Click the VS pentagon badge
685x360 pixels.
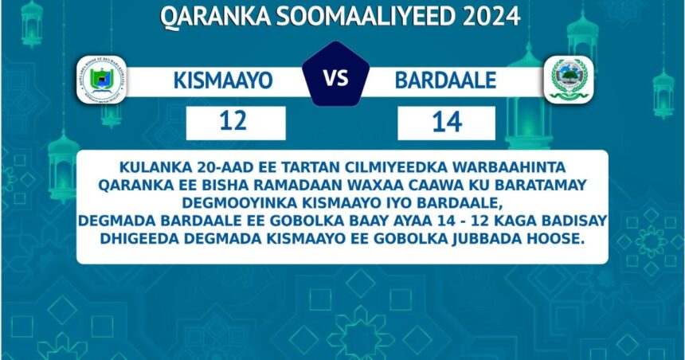pos(335,74)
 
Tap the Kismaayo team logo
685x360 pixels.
pos(101,80)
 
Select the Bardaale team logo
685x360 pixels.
pos(569,80)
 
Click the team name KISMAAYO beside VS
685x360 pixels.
pos(223,80)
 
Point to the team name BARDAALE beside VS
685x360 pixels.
pos(445,80)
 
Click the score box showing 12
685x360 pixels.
pos(236,123)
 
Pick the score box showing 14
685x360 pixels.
pos(447,123)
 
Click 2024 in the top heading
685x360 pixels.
pos(491,17)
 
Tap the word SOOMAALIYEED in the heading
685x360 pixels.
pos(366,17)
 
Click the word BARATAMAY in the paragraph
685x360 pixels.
pos(540,186)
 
